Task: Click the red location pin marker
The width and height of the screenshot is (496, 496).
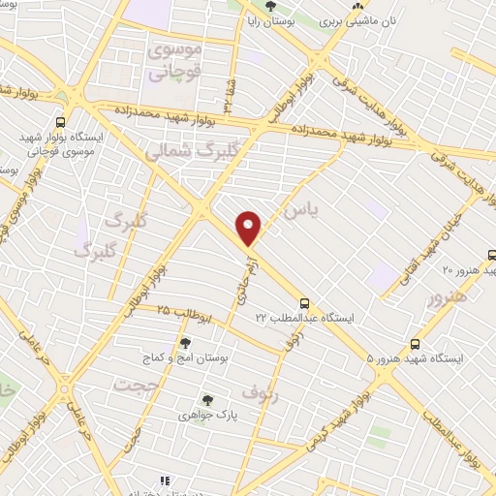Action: click(x=249, y=229)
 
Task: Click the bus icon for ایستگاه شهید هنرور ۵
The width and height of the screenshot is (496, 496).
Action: click(x=416, y=343)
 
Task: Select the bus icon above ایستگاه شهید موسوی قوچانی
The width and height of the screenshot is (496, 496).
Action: click(x=61, y=122)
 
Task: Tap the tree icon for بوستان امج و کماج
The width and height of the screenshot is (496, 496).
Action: click(x=185, y=342)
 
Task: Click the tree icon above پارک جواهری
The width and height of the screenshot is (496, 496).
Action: click(x=206, y=399)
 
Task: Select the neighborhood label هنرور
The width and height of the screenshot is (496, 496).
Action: click(x=447, y=297)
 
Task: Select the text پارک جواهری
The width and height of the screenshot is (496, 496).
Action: click(x=206, y=415)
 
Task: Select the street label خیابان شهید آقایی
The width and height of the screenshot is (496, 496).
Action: click(x=445, y=222)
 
